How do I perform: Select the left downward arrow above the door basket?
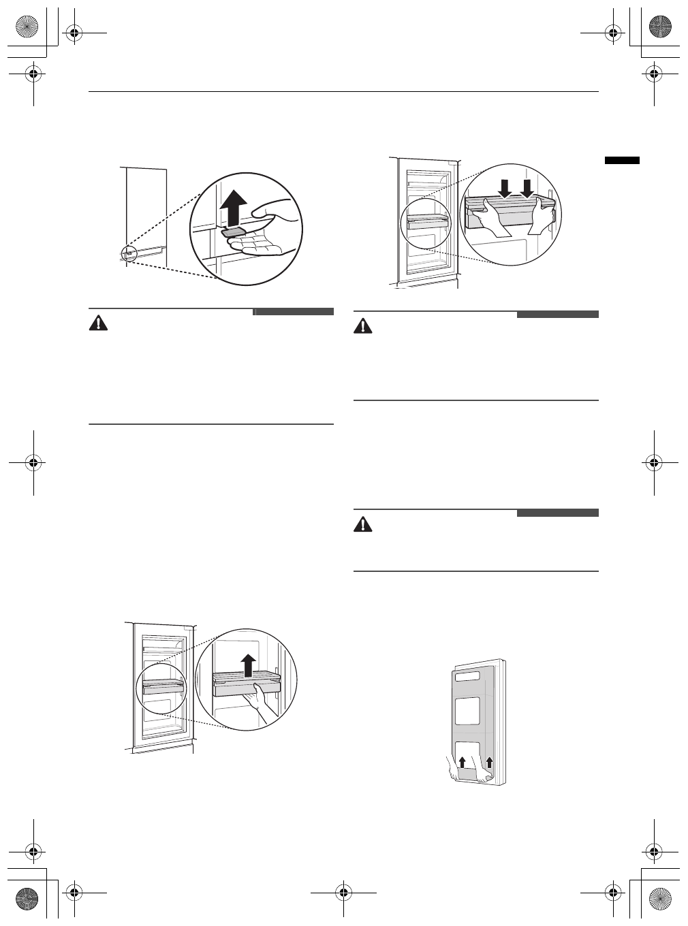(503, 186)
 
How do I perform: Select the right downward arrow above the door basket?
(528, 186)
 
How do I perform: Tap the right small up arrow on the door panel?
(488, 761)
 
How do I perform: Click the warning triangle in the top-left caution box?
(99, 323)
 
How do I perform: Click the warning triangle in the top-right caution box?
(364, 326)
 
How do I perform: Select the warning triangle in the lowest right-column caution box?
(364, 524)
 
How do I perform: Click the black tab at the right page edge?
(622, 160)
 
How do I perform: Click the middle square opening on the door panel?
(468, 710)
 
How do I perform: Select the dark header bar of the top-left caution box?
(294, 312)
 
